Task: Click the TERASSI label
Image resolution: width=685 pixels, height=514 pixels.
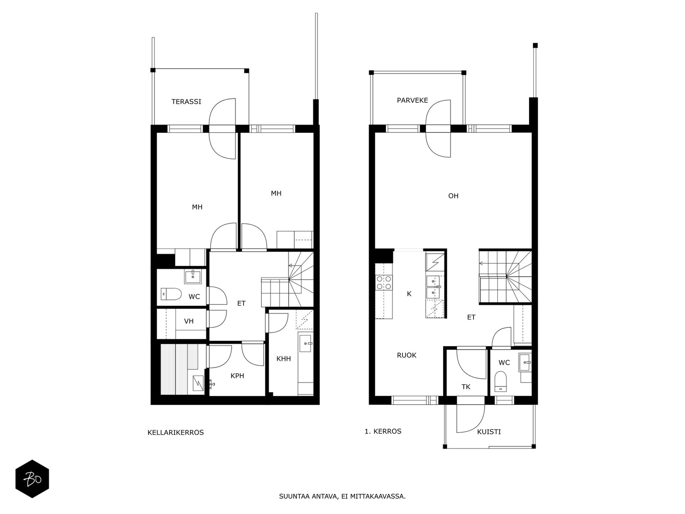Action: [x=186, y=102]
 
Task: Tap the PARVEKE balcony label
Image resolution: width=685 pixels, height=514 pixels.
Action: [x=412, y=100]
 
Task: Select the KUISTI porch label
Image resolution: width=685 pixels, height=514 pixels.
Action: [x=489, y=432]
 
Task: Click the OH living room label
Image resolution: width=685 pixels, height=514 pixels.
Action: [x=453, y=196]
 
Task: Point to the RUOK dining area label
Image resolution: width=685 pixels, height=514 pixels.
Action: [x=406, y=355]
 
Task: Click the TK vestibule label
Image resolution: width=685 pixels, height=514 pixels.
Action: [x=466, y=387]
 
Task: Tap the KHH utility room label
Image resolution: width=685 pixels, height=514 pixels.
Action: [x=283, y=359]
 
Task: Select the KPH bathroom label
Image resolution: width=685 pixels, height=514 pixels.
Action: [x=237, y=376]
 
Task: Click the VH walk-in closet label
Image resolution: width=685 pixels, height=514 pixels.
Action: [x=188, y=321]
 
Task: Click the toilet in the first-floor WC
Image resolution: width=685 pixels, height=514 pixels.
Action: [x=500, y=381]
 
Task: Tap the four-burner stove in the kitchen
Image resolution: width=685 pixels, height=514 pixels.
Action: [x=384, y=282]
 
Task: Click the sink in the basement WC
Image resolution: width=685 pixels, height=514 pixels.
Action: [x=193, y=277]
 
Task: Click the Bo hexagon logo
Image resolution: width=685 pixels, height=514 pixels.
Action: [x=33, y=479]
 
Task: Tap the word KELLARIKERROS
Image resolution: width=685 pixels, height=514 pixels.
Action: [x=176, y=432]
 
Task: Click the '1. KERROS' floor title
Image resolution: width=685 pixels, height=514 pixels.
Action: [x=383, y=431]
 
